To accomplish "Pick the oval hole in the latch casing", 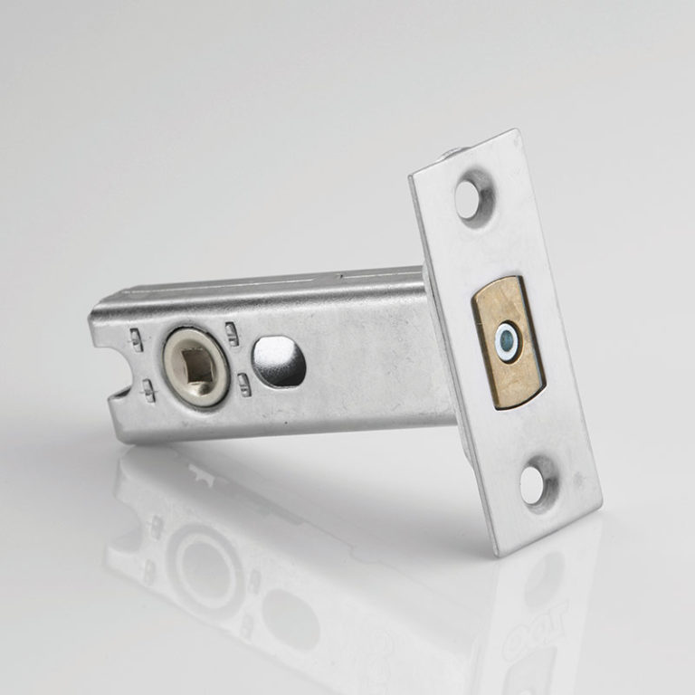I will click(281, 361).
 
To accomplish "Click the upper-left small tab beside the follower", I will click(137, 339).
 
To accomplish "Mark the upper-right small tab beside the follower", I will click(233, 333).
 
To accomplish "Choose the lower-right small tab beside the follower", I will click(244, 380).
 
